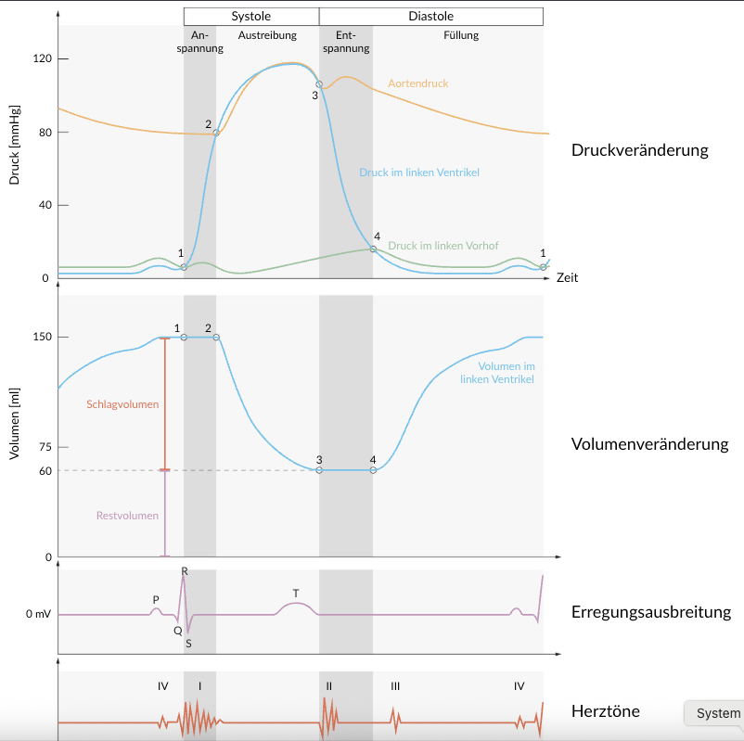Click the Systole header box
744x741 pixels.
pos(251,16)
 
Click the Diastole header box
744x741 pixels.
pos(431,16)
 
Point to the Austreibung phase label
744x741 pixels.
pos(267,35)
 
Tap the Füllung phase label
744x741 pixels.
pos(461,35)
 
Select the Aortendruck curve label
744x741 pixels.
pos(417,83)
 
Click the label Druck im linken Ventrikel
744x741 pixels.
pos(419,172)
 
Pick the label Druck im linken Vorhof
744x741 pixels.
pos(443,246)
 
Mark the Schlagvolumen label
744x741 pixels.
pos(122,404)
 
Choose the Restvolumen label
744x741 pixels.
pos(127,516)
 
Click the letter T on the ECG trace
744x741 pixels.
pos(295,593)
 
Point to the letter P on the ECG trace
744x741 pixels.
pos(156,599)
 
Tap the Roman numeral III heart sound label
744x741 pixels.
pos(395,686)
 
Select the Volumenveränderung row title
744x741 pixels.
pos(649,444)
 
